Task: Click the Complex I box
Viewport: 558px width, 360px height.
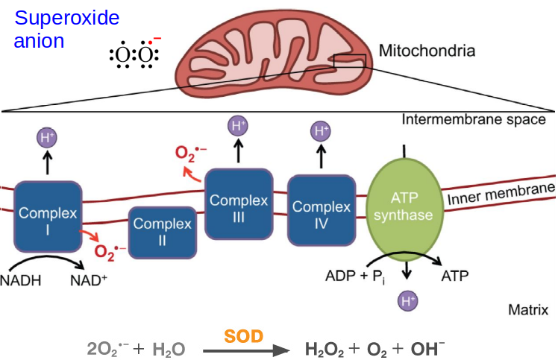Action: (48, 215)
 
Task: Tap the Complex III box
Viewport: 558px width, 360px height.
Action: (238, 203)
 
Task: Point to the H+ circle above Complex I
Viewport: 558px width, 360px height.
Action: (48, 137)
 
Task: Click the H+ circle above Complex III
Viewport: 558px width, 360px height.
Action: (238, 125)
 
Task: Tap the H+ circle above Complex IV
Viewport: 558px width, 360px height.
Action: (321, 132)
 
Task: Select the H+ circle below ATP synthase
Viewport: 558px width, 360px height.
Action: (407, 301)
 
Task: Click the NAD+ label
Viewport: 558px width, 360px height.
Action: (88, 281)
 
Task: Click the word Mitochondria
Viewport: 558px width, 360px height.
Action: (427, 51)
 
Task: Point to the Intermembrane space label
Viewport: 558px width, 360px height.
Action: (474, 120)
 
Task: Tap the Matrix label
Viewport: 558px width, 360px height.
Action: (527, 309)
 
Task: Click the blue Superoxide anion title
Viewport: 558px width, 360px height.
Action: (66, 29)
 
